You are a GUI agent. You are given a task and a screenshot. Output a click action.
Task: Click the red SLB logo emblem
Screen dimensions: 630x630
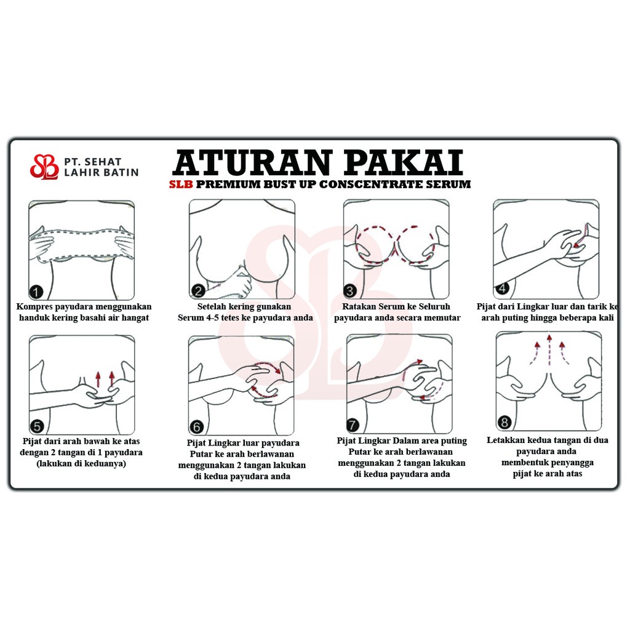(x=44, y=167)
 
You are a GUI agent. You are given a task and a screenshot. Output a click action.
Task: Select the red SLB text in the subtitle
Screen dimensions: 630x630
(x=181, y=185)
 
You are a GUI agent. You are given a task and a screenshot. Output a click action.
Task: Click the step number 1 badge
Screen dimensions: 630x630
(x=36, y=292)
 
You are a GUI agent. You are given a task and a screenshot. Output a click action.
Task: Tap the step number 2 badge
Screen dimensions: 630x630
(x=198, y=290)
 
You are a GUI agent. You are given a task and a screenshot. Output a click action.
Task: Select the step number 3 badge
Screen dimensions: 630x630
(x=350, y=290)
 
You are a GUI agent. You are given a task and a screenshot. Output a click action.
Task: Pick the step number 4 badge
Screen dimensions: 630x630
(x=502, y=288)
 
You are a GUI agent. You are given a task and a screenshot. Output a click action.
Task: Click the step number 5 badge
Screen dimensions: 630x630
(x=36, y=426)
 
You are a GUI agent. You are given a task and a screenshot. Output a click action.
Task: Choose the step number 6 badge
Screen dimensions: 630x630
(x=196, y=427)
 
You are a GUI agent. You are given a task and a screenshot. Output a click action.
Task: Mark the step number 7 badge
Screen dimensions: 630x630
(x=353, y=425)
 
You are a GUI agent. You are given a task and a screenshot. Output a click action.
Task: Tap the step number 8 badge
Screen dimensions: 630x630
(x=504, y=422)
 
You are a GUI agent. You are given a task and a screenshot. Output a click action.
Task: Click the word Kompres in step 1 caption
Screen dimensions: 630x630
(x=34, y=307)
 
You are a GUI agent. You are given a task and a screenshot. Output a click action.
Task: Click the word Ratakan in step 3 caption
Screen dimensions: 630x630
(x=359, y=306)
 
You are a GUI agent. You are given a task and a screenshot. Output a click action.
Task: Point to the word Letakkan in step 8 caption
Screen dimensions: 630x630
(x=505, y=441)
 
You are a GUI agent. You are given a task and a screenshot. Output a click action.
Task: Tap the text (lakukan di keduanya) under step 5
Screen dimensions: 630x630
(x=81, y=464)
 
